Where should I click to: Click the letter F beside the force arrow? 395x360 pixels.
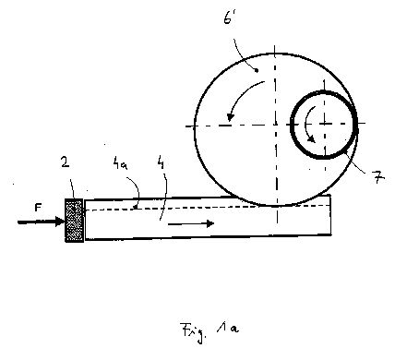click(38, 208)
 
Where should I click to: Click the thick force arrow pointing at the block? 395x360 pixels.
click(41, 222)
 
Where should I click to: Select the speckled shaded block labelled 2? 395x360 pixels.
click(74, 221)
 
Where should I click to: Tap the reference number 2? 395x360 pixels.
click(66, 162)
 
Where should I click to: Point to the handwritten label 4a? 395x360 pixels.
click(120, 164)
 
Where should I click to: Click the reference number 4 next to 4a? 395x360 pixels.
click(161, 162)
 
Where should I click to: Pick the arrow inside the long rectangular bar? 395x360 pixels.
click(191, 223)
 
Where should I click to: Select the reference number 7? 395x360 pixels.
click(378, 177)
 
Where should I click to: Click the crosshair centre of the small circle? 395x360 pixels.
click(325, 124)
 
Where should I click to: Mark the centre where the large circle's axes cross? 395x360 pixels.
click(276, 126)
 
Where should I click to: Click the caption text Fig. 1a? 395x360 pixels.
click(210, 331)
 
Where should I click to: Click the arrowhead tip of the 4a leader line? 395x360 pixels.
click(135, 210)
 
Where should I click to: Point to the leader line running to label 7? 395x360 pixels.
click(357, 162)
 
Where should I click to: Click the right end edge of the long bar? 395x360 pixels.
click(330, 215)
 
